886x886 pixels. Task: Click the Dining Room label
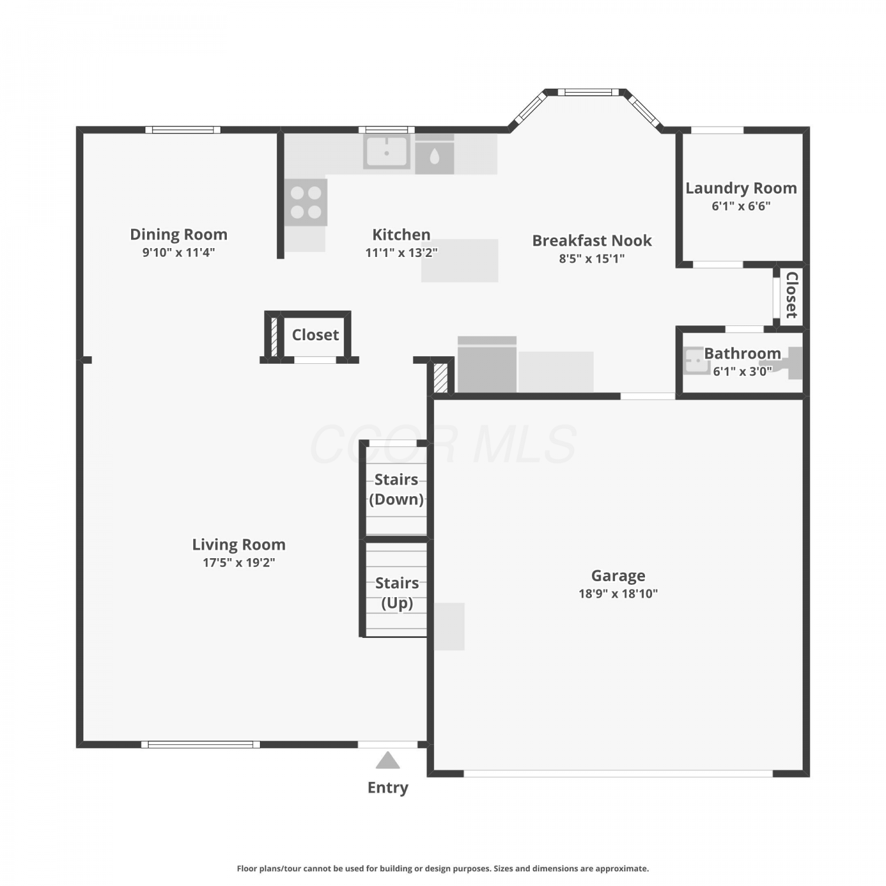click(178, 234)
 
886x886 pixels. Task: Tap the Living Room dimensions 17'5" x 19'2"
click(239, 562)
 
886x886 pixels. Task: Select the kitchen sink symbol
click(387, 152)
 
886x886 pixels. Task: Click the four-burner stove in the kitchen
click(306, 202)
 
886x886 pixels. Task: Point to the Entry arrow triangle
click(387, 760)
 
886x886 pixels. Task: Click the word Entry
click(387, 788)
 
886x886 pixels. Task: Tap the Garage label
click(618, 575)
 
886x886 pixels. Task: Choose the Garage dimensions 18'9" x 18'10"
click(618, 594)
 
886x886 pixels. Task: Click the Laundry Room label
click(741, 188)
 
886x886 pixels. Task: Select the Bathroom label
click(742, 353)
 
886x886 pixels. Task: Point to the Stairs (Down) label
click(396, 489)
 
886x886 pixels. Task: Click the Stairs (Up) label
click(397, 593)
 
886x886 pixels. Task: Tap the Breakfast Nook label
click(592, 240)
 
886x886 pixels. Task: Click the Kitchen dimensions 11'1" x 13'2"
click(402, 253)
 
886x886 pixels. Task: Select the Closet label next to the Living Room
click(315, 335)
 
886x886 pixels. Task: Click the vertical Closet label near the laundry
click(792, 295)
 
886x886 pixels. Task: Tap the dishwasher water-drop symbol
click(435, 156)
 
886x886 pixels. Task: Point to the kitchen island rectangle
click(460, 260)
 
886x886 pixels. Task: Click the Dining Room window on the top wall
click(183, 130)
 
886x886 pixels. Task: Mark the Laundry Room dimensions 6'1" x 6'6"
click(741, 206)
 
